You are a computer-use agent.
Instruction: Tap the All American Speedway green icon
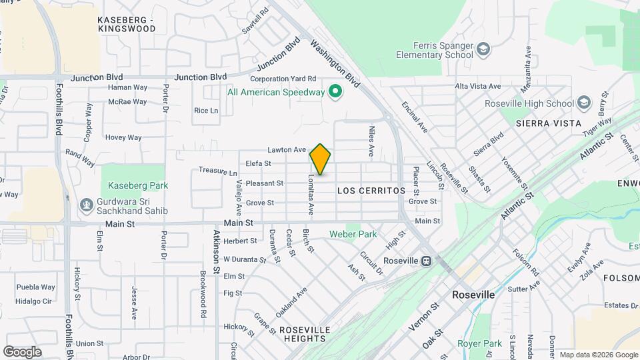(337, 92)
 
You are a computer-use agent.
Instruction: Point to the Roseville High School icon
(584, 103)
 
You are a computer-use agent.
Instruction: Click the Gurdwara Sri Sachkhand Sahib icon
(86, 204)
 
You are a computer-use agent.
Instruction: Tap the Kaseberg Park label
(135, 185)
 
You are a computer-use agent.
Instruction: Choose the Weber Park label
(353, 234)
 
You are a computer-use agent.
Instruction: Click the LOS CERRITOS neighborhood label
(371, 191)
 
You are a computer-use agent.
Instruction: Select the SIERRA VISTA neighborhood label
(549, 123)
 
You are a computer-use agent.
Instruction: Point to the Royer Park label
(479, 343)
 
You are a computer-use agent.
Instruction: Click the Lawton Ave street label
(287, 150)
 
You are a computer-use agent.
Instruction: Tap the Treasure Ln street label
(217, 171)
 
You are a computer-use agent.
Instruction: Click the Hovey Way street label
(123, 137)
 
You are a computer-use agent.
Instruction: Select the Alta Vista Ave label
(477, 87)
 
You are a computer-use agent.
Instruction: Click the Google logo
(22, 352)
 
